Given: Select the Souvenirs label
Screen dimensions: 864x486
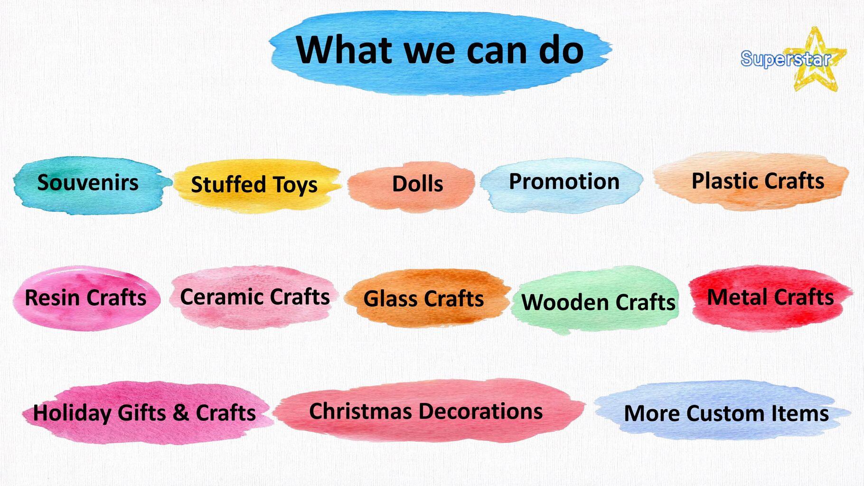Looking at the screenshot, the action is click(x=88, y=183).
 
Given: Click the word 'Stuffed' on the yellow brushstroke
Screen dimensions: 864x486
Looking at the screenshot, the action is click(x=228, y=184).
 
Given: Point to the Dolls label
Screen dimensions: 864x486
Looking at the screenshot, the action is click(x=418, y=184).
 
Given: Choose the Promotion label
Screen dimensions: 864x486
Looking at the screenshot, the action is click(x=564, y=181).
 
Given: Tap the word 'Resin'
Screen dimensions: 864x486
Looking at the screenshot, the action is click(x=53, y=298).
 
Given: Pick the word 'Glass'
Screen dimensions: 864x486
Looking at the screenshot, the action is click(x=391, y=299).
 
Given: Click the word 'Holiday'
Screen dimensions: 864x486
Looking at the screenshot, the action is click(x=72, y=413).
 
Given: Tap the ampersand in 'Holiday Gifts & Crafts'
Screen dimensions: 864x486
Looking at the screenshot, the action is click(x=181, y=412).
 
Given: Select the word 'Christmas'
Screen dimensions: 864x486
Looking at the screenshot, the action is click(x=360, y=411).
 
